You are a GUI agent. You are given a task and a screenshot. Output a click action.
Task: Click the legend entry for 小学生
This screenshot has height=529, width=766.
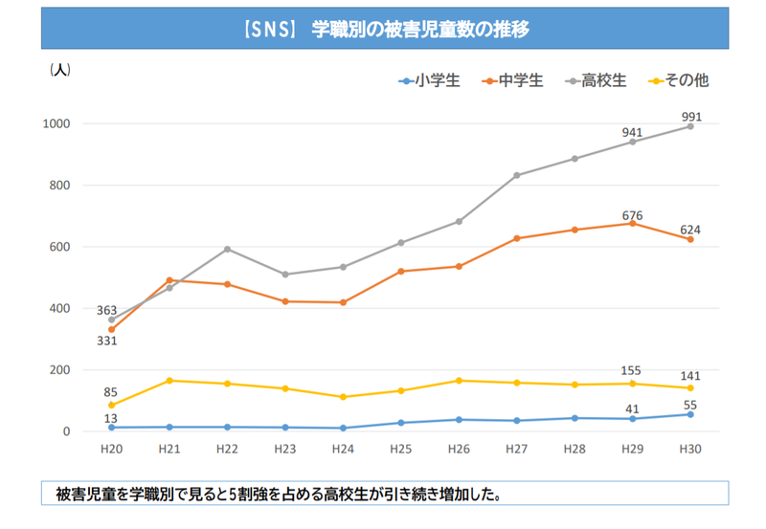pos(430,80)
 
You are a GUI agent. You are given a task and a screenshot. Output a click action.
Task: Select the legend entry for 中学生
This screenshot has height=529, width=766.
pos(513,80)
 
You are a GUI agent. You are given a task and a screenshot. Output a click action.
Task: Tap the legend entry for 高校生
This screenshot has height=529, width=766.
pos(596,80)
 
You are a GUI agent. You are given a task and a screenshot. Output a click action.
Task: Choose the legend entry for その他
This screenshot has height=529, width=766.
pos(678,80)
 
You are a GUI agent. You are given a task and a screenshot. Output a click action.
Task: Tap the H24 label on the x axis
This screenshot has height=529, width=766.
pos(343,450)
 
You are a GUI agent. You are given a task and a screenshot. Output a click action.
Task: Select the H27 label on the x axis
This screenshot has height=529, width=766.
pos(516,450)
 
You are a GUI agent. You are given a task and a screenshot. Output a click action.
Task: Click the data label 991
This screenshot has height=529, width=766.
pos(691,117)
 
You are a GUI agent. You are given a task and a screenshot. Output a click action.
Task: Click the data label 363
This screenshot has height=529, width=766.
pos(106,310)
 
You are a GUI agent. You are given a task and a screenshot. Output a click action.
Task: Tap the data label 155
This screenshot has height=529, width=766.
pos(631,370)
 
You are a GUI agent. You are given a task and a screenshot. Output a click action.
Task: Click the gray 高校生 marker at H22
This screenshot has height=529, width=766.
pos(227,249)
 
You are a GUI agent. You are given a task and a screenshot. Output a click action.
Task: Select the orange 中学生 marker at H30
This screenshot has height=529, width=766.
pos(689,239)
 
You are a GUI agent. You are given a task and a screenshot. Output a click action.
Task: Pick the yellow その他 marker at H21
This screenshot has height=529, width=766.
pos(169,381)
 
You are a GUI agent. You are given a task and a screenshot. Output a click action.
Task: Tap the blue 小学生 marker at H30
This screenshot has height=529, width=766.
pos(689,414)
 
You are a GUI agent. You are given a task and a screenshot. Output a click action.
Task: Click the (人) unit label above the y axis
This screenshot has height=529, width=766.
pos(59,70)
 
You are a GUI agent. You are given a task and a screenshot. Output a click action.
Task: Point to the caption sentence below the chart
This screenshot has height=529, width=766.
pos(278,495)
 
